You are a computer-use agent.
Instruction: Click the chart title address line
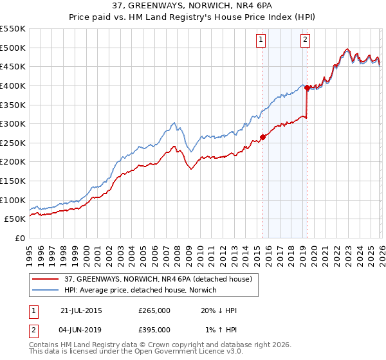[193, 5]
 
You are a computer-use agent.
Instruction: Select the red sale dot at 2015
[262, 137]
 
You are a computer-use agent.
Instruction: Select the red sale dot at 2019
[307, 87]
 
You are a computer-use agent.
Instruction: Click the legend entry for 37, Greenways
[161, 278]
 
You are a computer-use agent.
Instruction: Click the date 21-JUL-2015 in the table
[81, 310]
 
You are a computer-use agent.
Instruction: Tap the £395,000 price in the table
[154, 330]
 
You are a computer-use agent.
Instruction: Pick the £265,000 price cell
[154, 310]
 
